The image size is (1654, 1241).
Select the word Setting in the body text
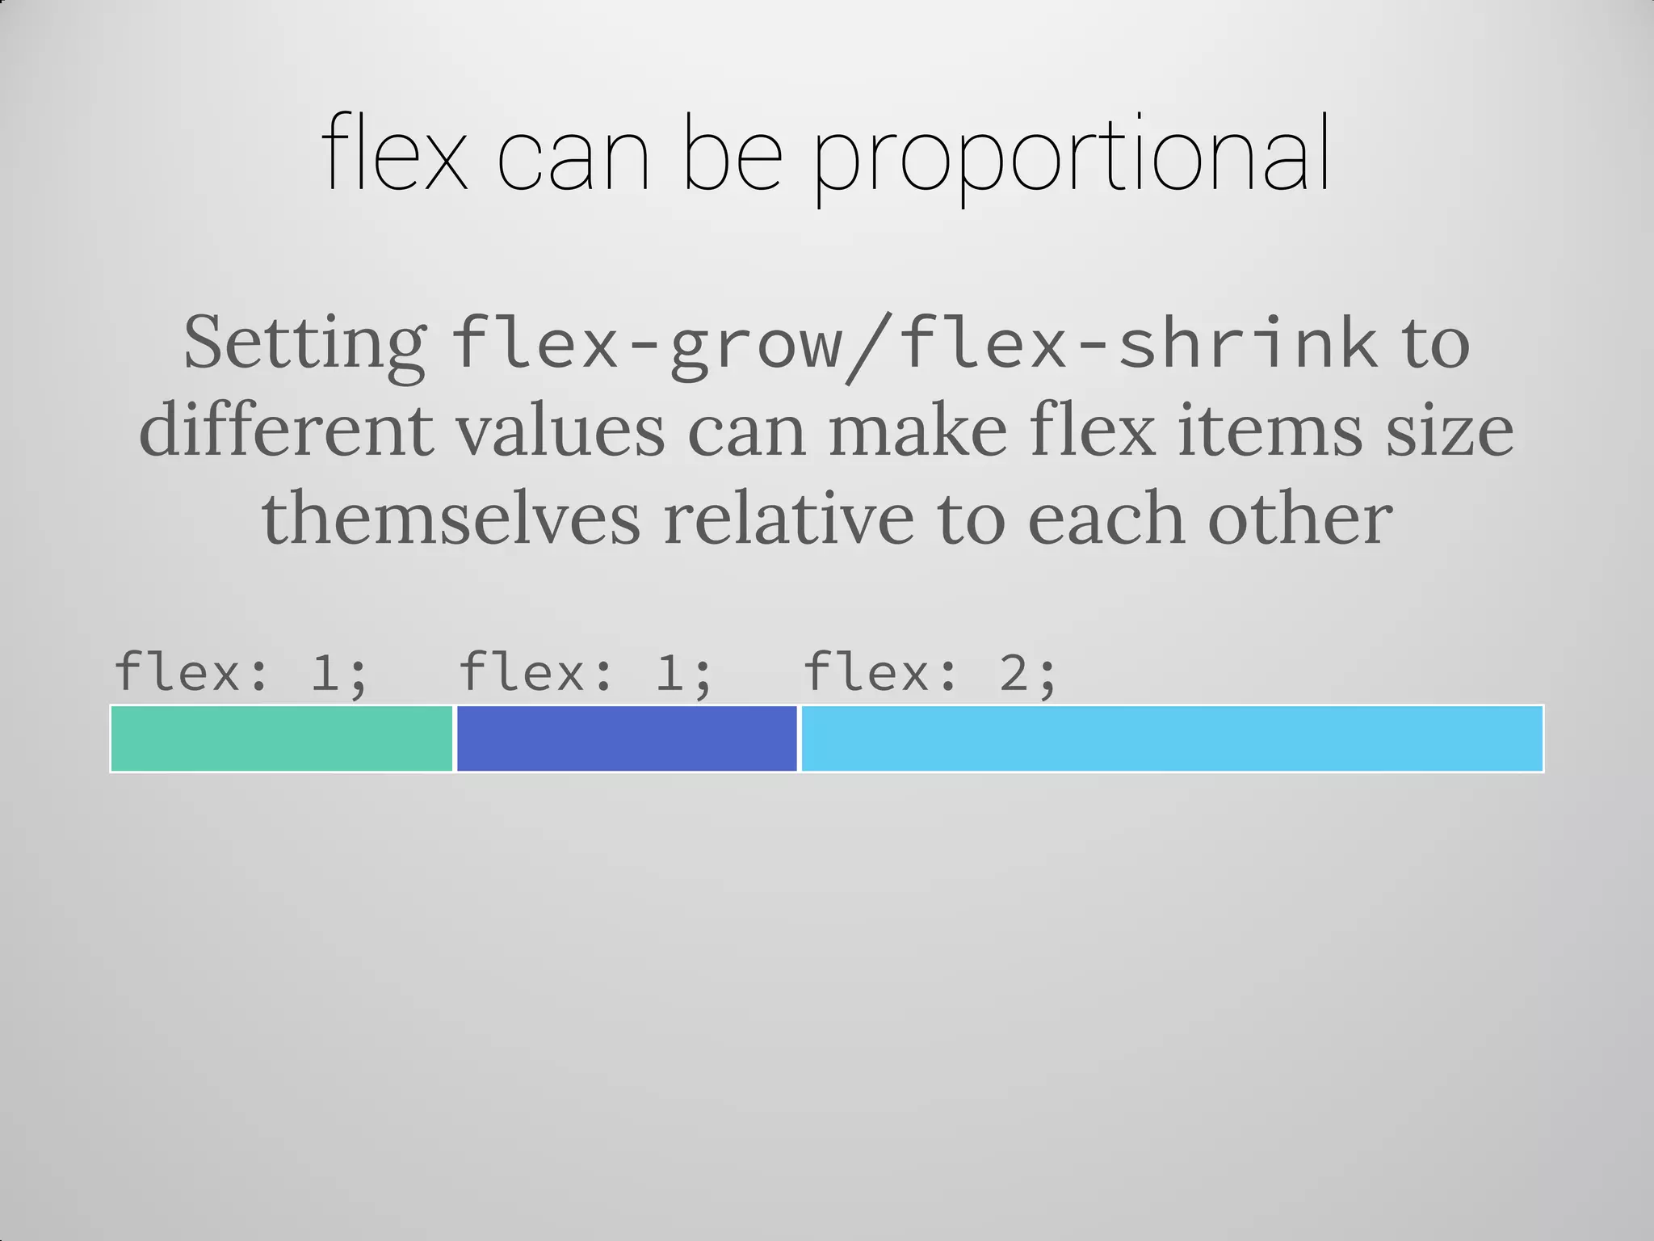(x=305, y=344)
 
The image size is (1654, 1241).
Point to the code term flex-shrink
(x=1137, y=344)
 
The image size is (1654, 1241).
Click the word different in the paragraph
(x=286, y=431)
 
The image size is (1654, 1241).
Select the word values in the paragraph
(x=560, y=431)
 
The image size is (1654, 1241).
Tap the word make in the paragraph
(x=917, y=431)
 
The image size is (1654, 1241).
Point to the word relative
(x=789, y=518)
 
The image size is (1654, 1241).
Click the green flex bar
(x=282, y=738)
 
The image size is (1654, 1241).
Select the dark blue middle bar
(x=627, y=738)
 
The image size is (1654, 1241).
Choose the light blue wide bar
(x=1171, y=738)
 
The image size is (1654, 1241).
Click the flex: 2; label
(x=930, y=672)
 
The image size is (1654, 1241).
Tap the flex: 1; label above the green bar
(x=241, y=672)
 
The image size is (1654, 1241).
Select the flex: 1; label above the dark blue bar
(x=586, y=672)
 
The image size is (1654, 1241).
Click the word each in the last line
(x=1106, y=518)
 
